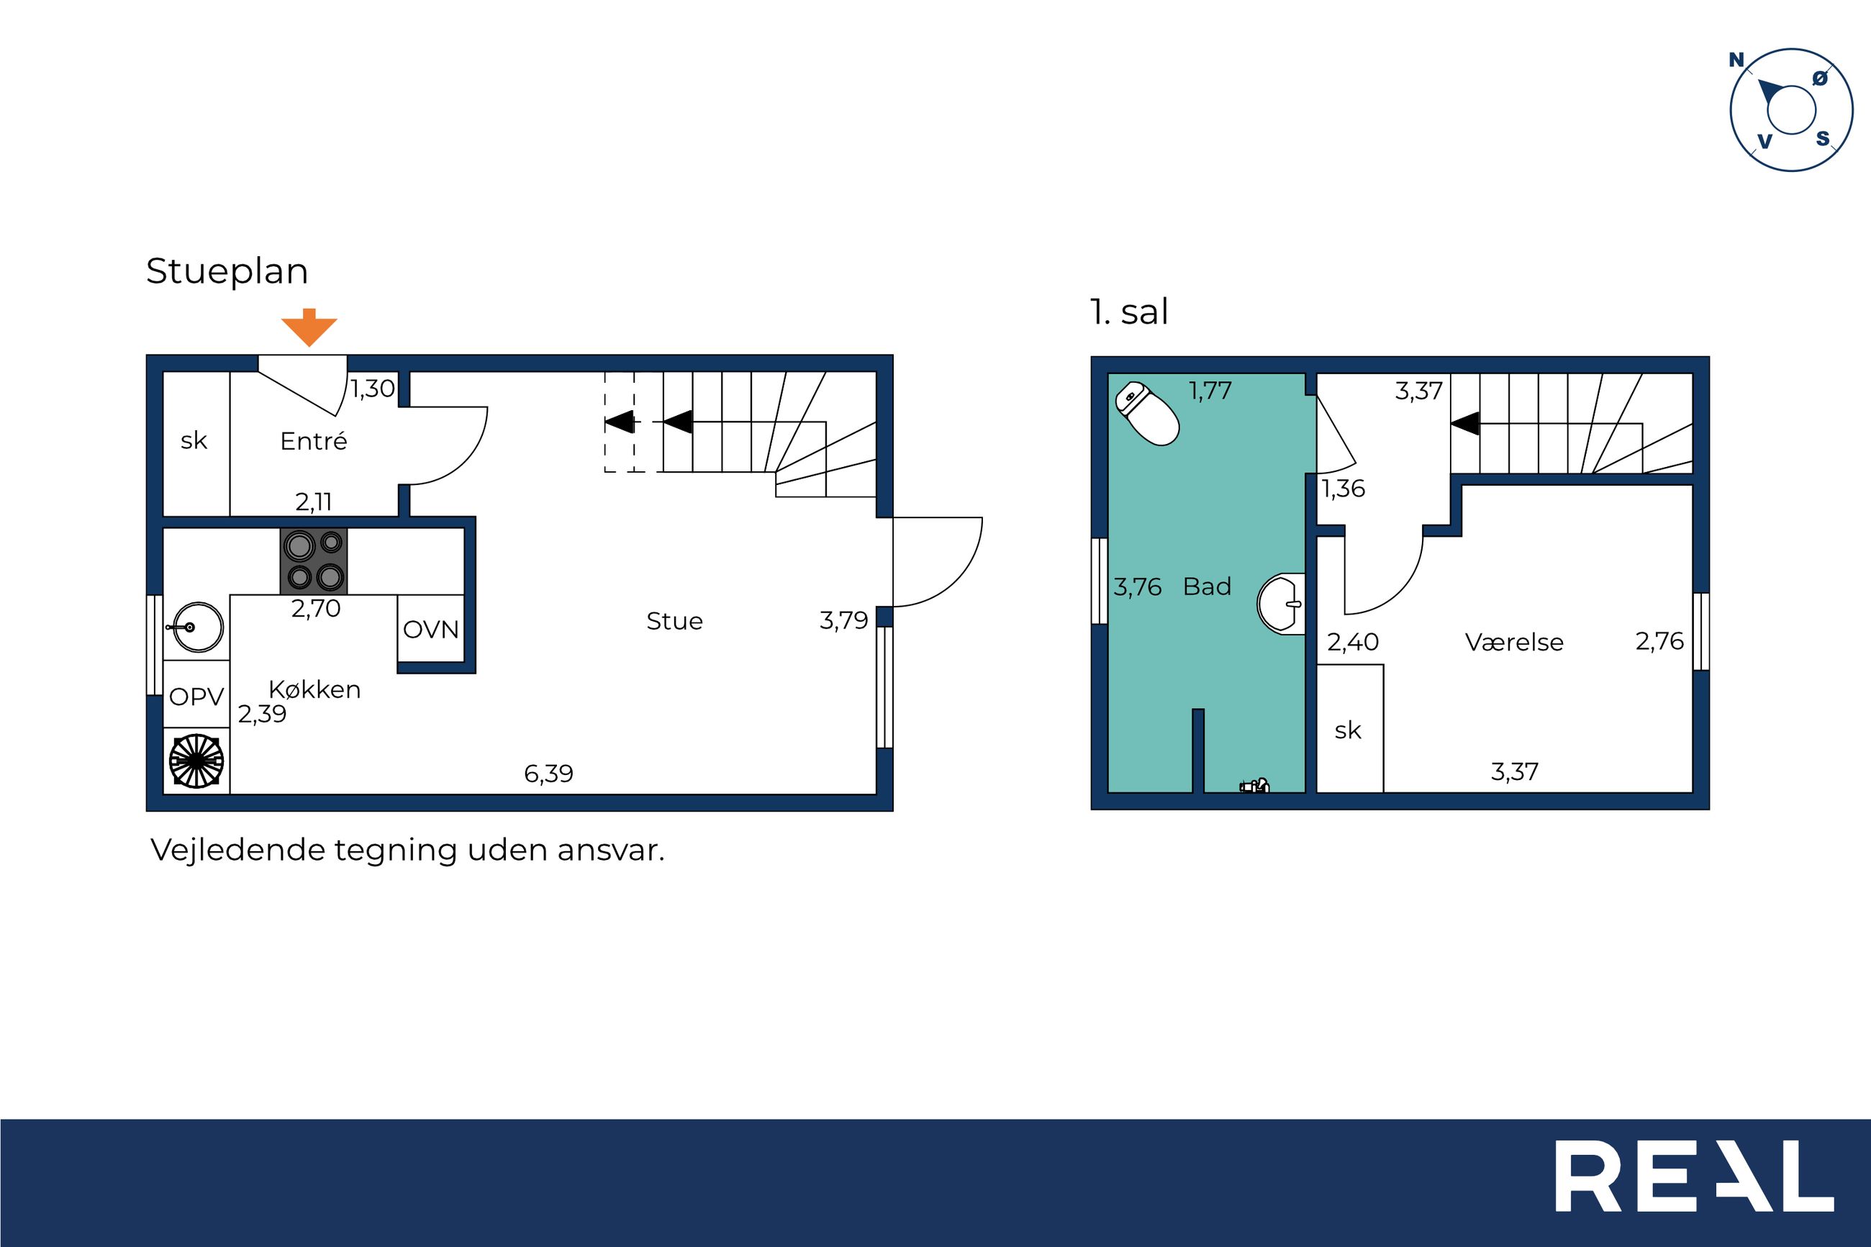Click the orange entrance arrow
pyautogui.click(x=309, y=327)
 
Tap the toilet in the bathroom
pyautogui.click(x=1147, y=414)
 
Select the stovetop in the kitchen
pyautogui.click(x=314, y=561)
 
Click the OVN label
pyautogui.click(x=431, y=629)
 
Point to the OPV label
pyautogui.click(x=196, y=697)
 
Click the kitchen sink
pyautogui.click(x=196, y=627)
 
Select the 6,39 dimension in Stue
pyautogui.click(x=548, y=773)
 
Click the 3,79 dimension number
pyautogui.click(x=843, y=620)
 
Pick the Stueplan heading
pyautogui.click(x=227, y=271)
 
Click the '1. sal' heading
pyautogui.click(x=1129, y=312)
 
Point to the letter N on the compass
pyautogui.click(x=1736, y=60)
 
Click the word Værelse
pyautogui.click(x=1514, y=642)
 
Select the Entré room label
pyautogui.click(x=313, y=440)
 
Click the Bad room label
pyautogui.click(x=1207, y=586)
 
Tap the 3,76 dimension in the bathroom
pyautogui.click(x=1137, y=587)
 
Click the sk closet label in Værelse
pyautogui.click(x=1348, y=730)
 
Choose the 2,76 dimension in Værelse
pyautogui.click(x=1659, y=641)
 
